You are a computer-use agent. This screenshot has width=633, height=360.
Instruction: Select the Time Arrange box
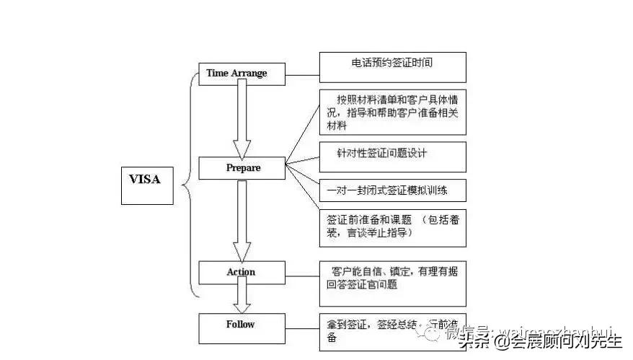point(237,74)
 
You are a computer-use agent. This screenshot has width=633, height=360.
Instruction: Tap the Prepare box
point(243,168)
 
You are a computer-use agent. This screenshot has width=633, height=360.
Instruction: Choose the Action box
point(242,272)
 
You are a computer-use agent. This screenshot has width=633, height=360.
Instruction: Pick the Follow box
point(242,325)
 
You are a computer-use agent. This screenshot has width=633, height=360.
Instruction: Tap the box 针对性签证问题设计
point(392,157)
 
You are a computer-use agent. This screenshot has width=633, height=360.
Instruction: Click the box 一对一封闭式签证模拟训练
point(392,190)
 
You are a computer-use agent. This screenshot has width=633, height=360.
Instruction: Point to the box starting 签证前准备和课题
point(392,227)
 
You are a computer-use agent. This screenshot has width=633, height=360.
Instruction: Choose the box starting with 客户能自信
point(392,283)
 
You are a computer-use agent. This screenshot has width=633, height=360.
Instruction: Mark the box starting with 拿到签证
point(375,330)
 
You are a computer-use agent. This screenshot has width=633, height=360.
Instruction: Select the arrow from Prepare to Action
point(242,220)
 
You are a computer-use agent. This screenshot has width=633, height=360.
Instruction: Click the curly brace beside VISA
point(190,180)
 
